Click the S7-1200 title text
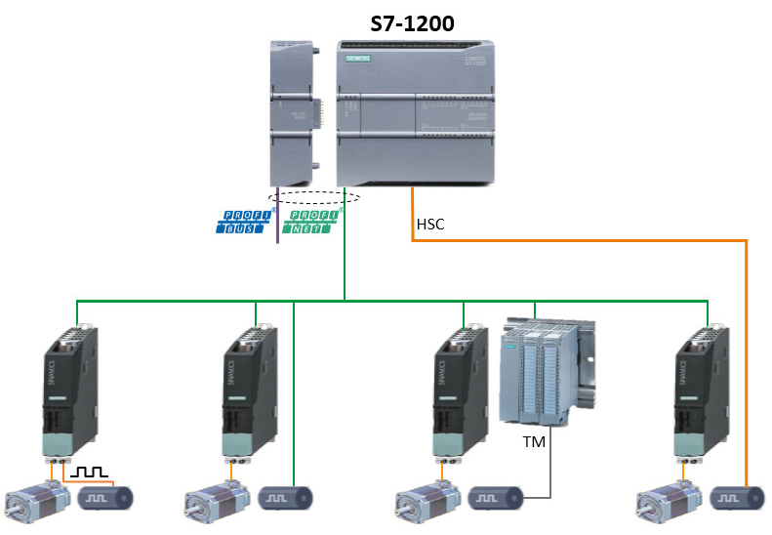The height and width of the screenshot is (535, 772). tap(412, 23)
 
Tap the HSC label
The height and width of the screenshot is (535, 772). tap(430, 225)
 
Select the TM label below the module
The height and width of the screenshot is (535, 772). tap(534, 440)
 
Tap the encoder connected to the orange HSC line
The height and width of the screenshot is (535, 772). tap(740, 498)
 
